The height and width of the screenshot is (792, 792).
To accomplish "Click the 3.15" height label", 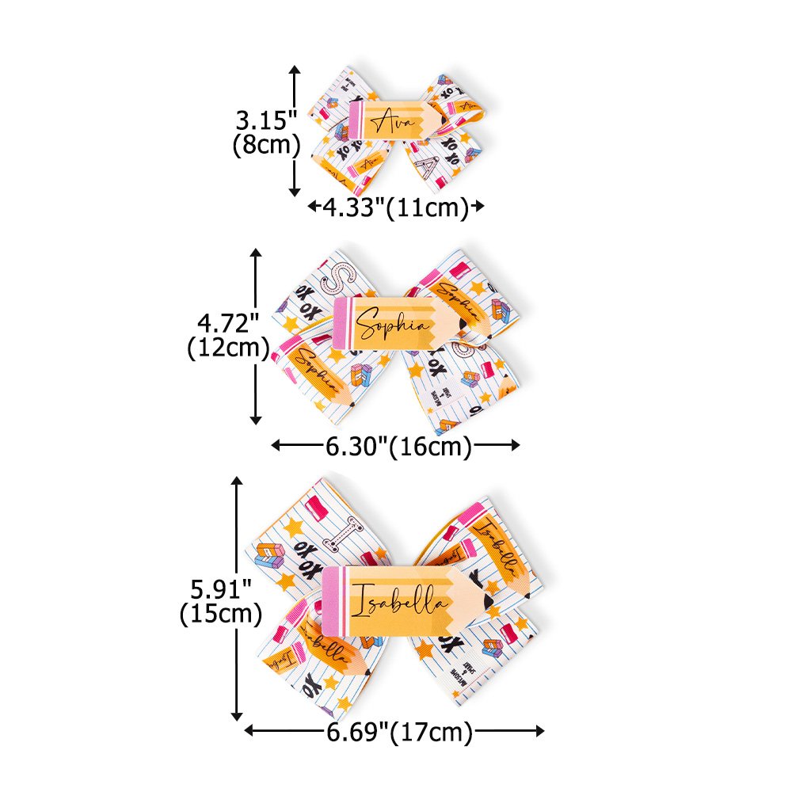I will (266, 121).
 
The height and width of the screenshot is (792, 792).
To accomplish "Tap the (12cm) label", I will (226, 348).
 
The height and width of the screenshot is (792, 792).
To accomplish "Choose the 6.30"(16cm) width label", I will (398, 446).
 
